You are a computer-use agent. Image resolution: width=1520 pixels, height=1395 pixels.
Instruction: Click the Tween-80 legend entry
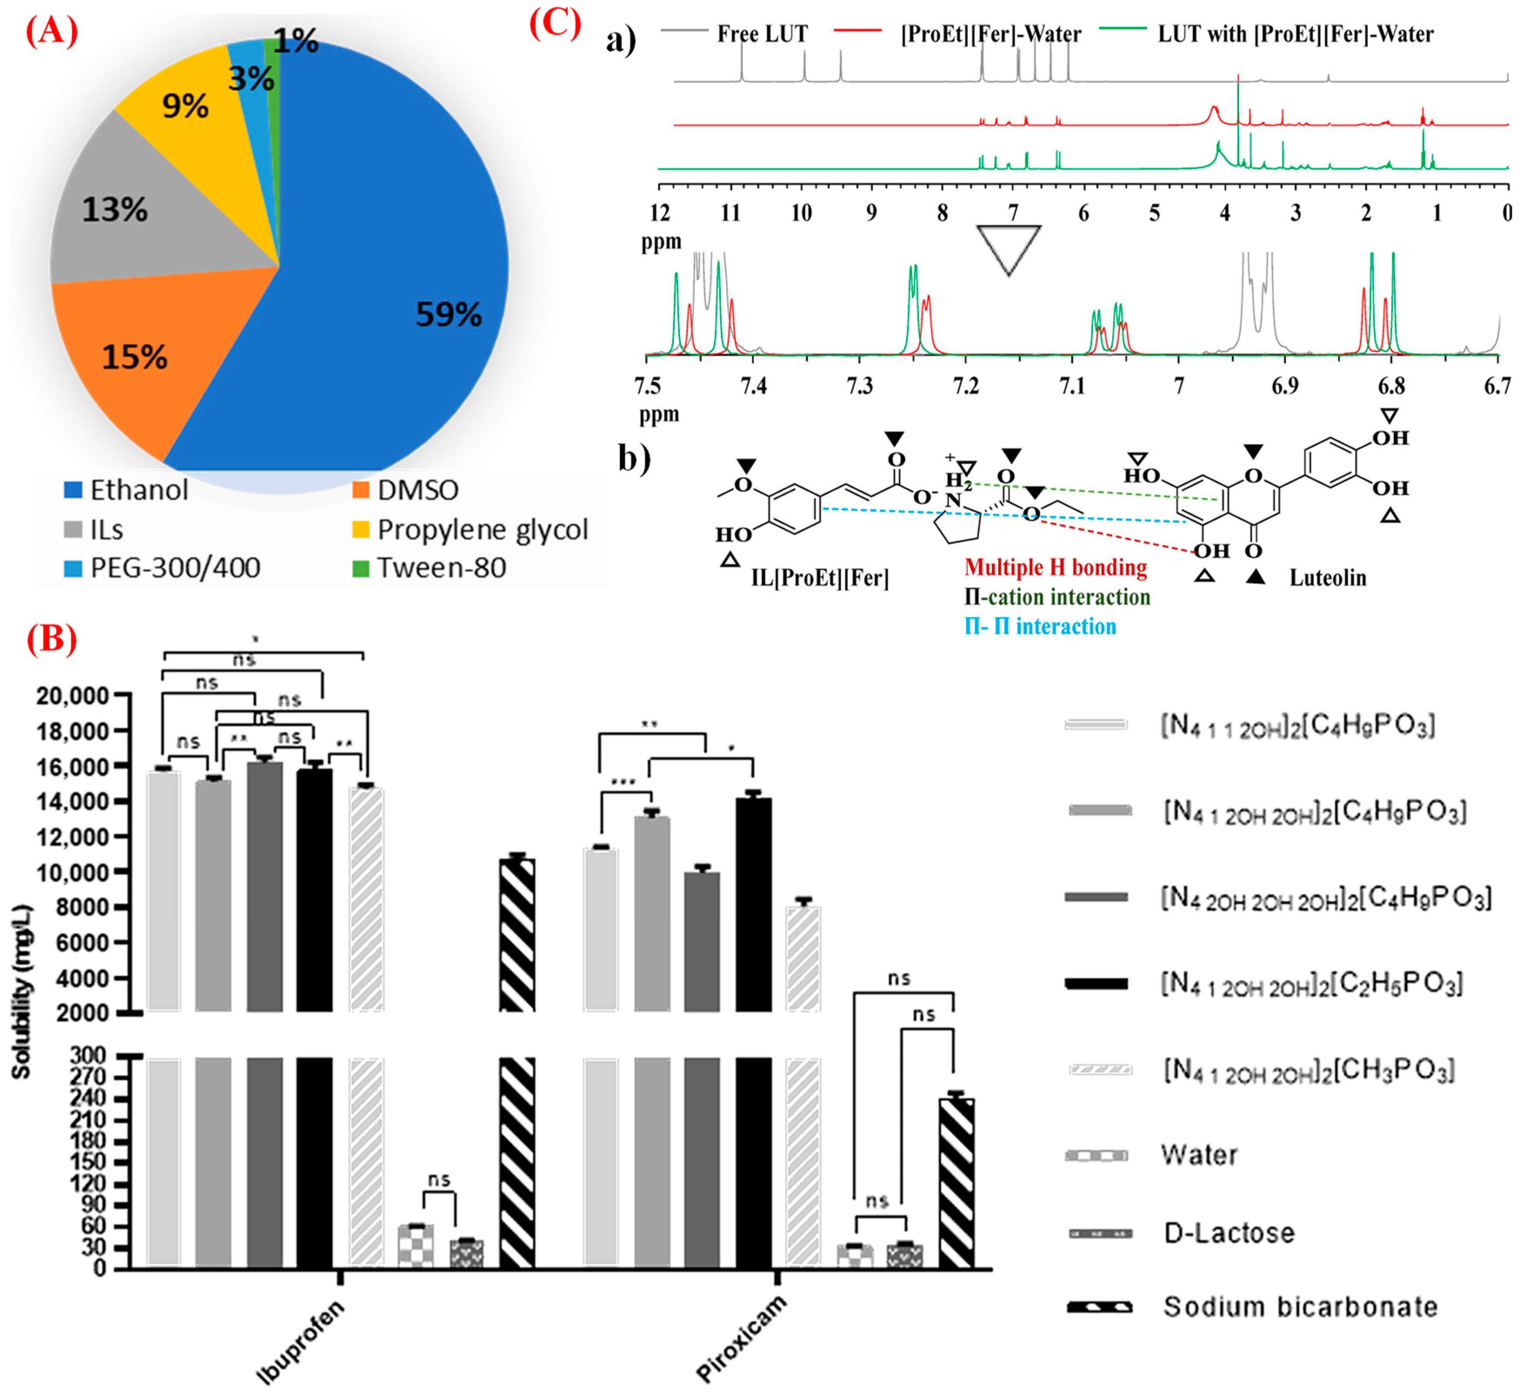(441, 567)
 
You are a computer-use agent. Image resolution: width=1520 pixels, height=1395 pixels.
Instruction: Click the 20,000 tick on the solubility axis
(73, 695)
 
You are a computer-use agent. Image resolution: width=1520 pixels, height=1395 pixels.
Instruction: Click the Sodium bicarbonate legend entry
(1300, 1307)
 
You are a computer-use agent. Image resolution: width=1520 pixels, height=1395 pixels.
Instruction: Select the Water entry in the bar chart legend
(1199, 1155)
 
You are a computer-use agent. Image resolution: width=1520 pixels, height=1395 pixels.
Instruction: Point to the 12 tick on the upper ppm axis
(660, 214)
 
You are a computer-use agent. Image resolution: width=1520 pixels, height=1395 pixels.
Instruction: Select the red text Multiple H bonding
(1055, 567)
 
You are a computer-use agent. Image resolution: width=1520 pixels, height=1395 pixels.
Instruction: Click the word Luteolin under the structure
(1327, 578)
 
